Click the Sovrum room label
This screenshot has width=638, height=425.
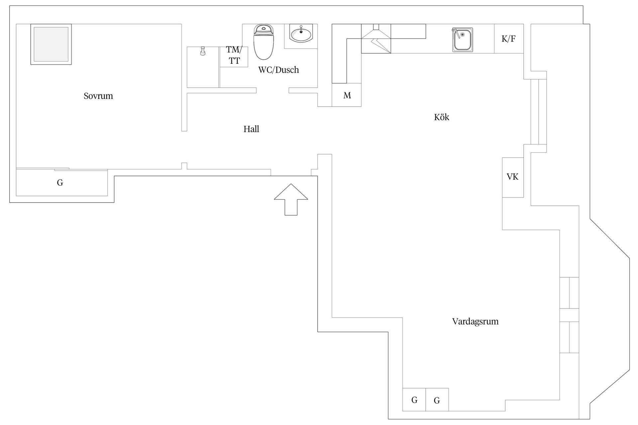(x=98, y=96)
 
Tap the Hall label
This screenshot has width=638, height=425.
(x=251, y=129)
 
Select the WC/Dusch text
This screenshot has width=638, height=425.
(x=278, y=70)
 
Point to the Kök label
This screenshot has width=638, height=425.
(x=442, y=117)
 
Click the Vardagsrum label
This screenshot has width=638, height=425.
(x=475, y=321)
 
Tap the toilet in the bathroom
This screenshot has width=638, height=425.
(x=264, y=42)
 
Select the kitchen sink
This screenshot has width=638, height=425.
(x=462, y=40)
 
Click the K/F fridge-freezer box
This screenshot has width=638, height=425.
(x=509, y=39)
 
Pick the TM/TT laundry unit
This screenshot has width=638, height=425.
(x=234, y=57)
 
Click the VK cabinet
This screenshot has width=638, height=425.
(x=513, y=177)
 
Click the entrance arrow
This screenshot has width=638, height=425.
(x=291, y=199)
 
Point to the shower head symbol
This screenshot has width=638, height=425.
(x=202, y=51)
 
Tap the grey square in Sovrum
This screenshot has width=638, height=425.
(x=51, y=44)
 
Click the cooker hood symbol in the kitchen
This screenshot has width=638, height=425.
(x=376, y=39)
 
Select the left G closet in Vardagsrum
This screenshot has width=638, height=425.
(x=414, y=400)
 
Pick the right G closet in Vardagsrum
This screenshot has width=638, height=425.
(x=437, y=400)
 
